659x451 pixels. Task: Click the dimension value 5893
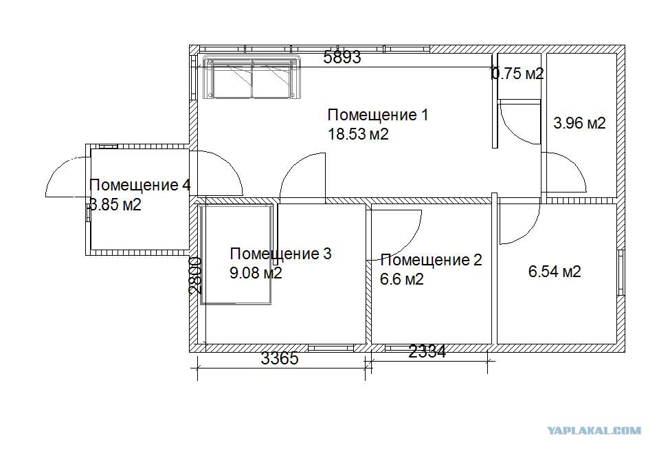pyautogui.click(x=342, y=57)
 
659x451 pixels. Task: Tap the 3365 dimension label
pyautogui.click(x=280, y=358)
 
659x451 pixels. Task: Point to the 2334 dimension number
pyautogui.click(x=427, y=351)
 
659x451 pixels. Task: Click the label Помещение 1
pyautogui.click(x=378, y=115)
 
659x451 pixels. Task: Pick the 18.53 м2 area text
pyautogui.click(x=358, y=134)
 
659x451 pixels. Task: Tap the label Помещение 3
pyautogui.click(x=281, y=254)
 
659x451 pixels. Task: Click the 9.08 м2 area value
pyautogui.click(x=256, y=273)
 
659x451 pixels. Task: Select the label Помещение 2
pyautogui.click(x=432, y=260)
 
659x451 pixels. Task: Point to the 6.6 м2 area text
pyautogui.click(x=402, y=279)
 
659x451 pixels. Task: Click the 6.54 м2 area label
pyautogui.click(x=555, y=272)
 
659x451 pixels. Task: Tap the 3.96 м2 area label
pyautogui.click(x=579, y=123)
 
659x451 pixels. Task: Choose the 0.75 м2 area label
pyautogui.click(x=518, y=74)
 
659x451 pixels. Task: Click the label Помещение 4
pyautogui.click(x=140, y=185)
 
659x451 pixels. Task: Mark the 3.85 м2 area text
pyautogui.click(x=115, y=205)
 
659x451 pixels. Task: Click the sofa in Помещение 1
pyautogui.click(x=252, y=77)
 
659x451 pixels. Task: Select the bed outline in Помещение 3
pyautogui.click(x=236, y=254)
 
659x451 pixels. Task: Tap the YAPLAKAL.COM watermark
pyautogui.click(x=594, y=430)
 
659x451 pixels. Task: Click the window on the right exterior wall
pyautogui.click(x=621, y=273)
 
